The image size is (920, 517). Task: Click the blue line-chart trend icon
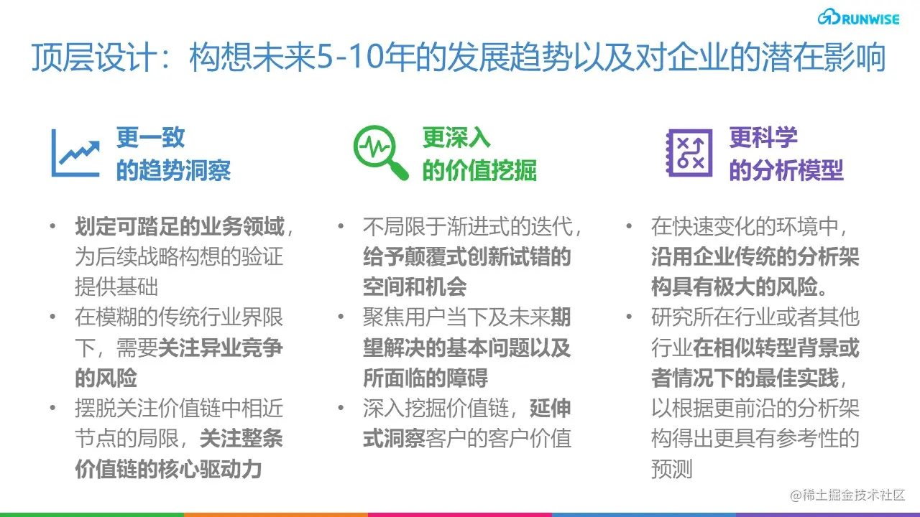point(75,153)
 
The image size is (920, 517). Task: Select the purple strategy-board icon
point(689,153)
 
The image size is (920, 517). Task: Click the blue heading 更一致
point(151,137)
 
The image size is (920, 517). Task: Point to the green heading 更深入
point(456,137)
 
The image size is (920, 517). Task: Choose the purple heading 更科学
point(763,137)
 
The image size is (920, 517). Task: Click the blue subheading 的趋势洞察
point(173,171)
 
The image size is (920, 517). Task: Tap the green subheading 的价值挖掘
point(479,171)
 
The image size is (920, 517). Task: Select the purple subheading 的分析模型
point(786,171)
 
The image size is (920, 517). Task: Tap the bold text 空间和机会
point(415,287)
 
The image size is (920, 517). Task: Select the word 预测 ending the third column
point(672,469)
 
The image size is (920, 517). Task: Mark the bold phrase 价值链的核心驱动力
point(168,469)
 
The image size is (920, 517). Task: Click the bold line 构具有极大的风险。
point(739,287)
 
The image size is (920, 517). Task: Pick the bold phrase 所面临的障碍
point(425,377)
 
